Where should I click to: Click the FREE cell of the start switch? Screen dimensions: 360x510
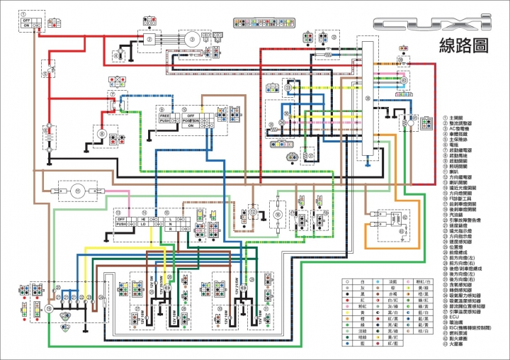pyautogui.click(x=164, y=115)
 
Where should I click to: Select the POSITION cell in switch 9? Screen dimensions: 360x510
pyautogui.click(x=192, y=121)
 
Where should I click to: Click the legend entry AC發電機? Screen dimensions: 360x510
pyautogui.click(x=460, y=128)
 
